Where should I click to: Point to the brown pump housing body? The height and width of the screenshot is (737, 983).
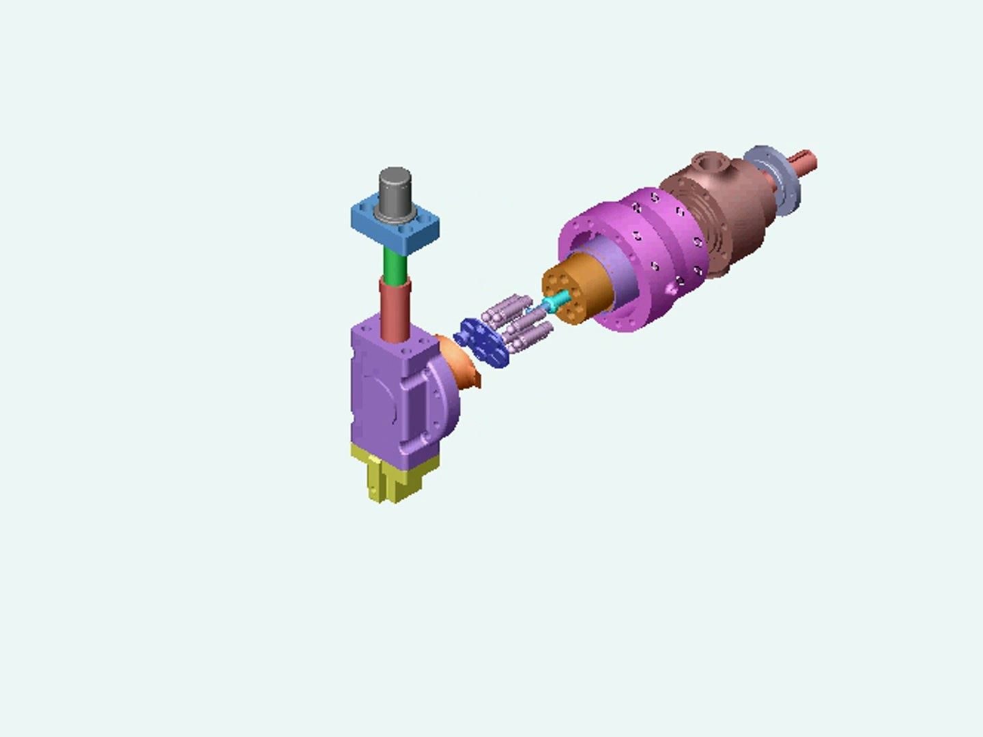click(724, 218)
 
